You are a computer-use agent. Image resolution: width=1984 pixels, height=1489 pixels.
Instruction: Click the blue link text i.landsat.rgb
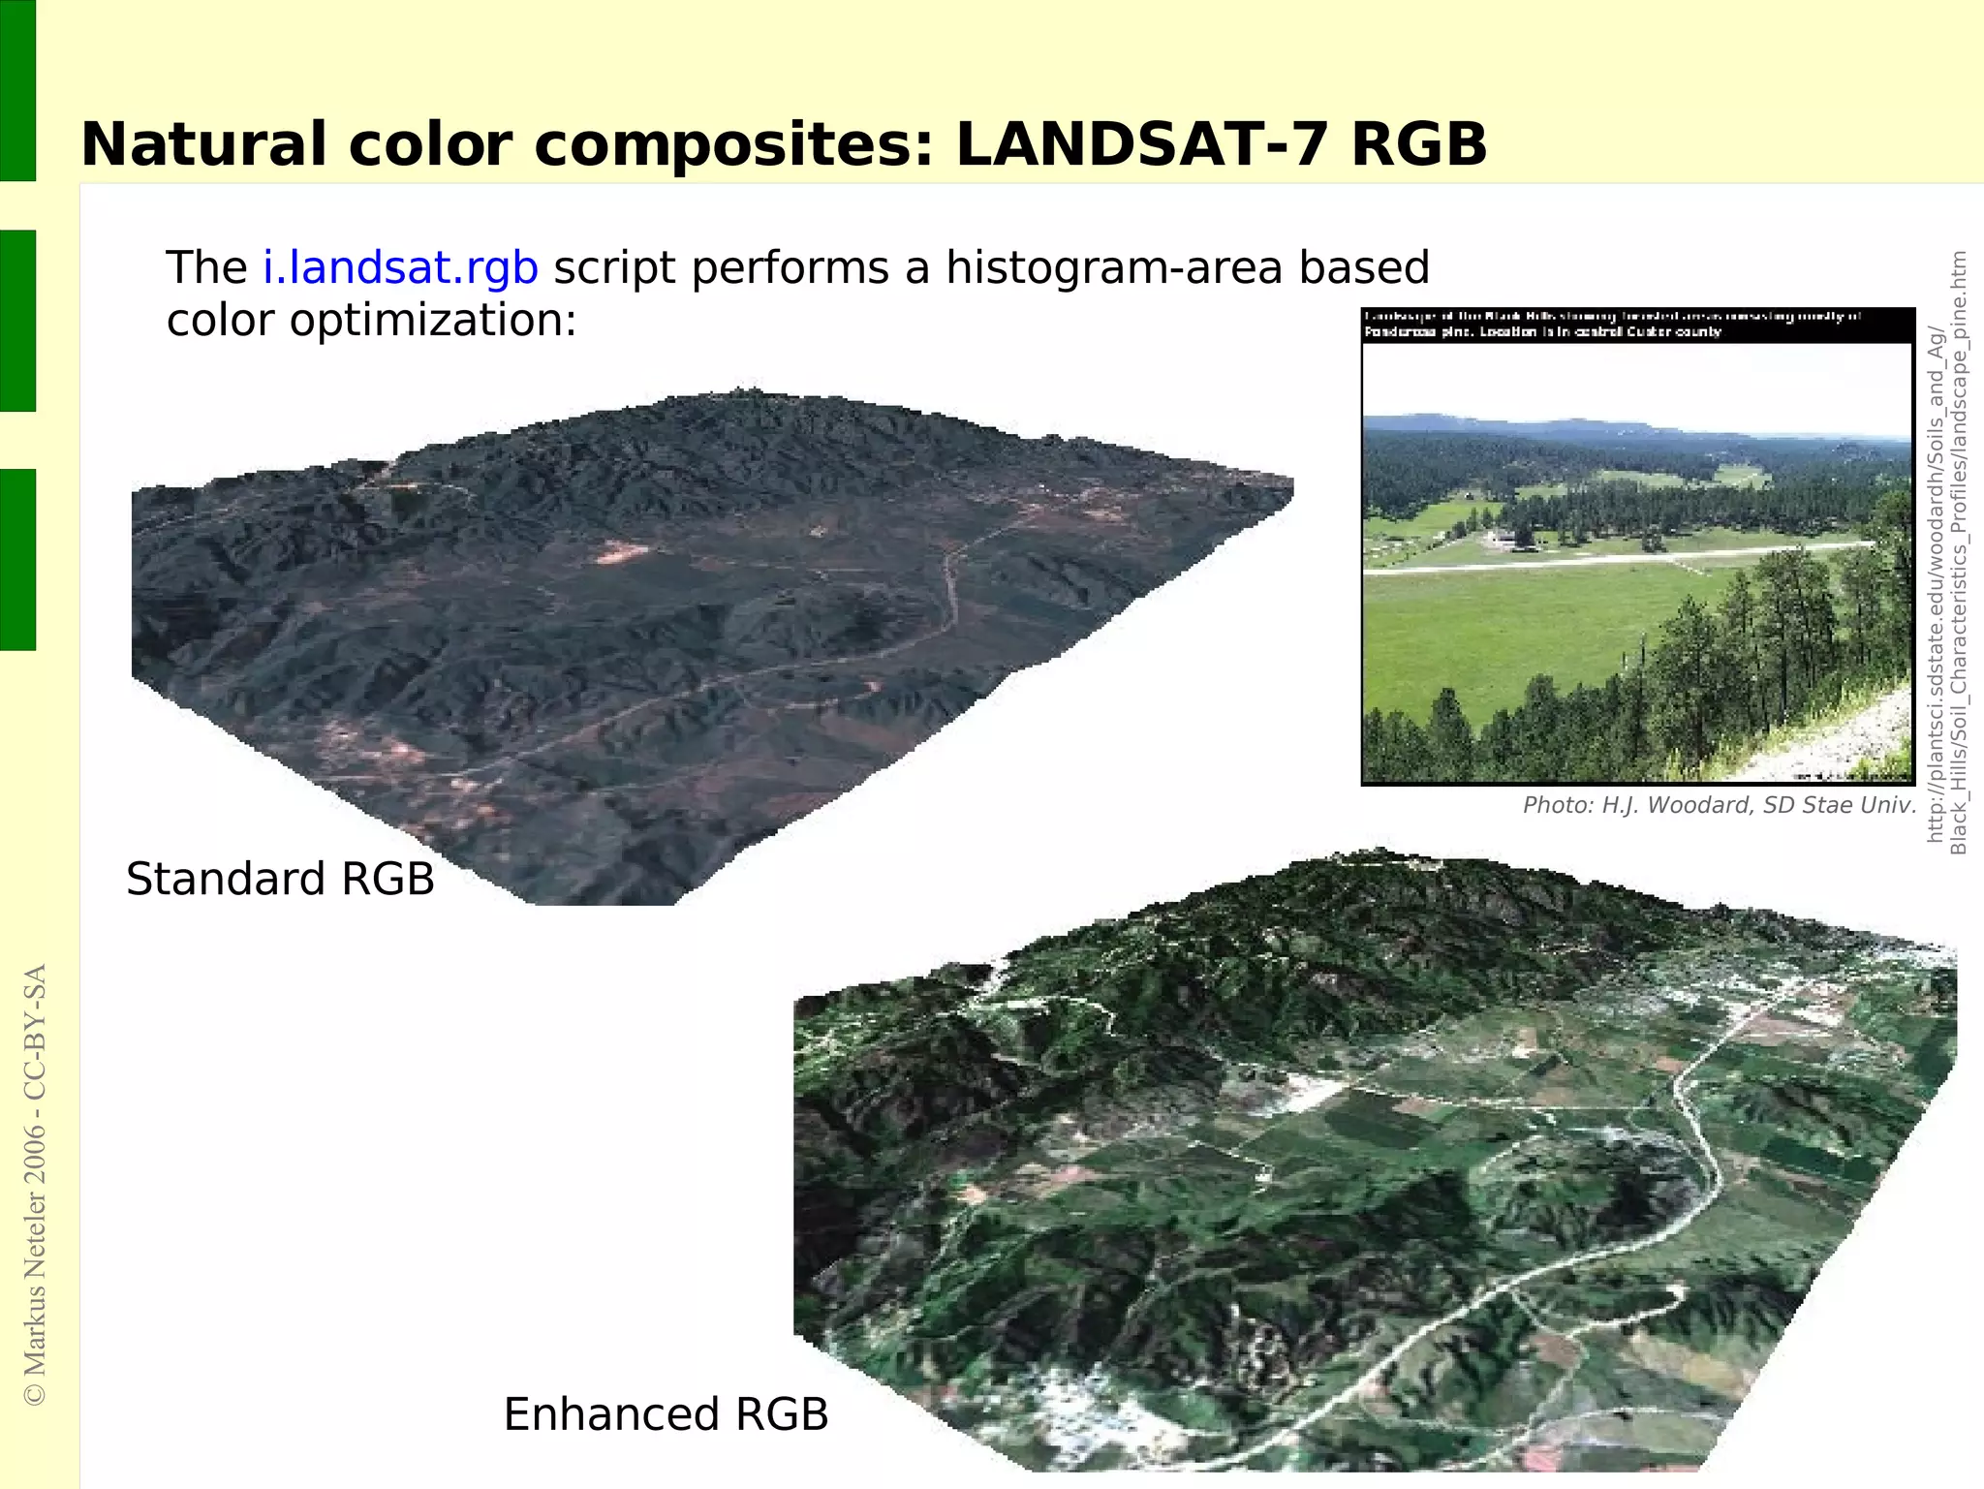click(400, 268)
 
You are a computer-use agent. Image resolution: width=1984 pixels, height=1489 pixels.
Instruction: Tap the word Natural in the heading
click(204, 145)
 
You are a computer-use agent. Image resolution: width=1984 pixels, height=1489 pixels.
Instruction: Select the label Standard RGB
click(280, 880)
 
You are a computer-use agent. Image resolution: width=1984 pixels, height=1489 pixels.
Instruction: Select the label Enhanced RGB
click(666, 1414)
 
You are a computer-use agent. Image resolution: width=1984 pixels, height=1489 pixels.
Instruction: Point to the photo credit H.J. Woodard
click(1719, 805)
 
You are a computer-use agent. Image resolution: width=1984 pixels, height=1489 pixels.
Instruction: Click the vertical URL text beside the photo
click(1946, 552)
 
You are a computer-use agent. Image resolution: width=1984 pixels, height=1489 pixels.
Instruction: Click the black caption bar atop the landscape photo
click(1637, 325)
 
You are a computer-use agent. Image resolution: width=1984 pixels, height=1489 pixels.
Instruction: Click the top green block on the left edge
click(17, 90)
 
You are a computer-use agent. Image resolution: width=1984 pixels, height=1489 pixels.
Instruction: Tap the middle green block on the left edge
click(17, 321)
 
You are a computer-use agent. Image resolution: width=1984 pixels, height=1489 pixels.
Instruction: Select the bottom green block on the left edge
click(17, 559)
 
